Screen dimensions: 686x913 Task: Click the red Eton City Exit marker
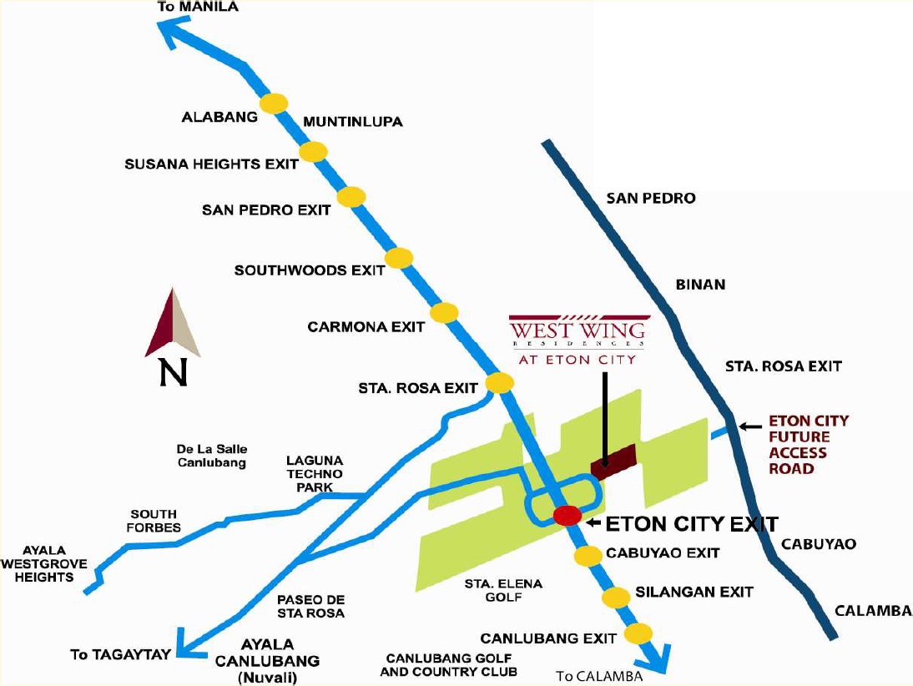click(x=567, y=516)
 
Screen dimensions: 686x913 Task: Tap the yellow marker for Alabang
click(x=274, y=103)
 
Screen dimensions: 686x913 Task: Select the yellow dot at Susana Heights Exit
click(x=313, y=151)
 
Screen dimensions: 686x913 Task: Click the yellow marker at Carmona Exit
click(x=444, y=313)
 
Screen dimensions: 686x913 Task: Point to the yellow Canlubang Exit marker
click(x=638, y=633)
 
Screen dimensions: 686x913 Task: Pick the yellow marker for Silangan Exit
click(x=617, y=598)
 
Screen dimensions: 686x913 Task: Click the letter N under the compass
click(x=174, y=373)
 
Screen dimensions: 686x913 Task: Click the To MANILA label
click(x=198, y=8)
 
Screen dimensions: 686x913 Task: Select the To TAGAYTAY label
click(x=119, y=654)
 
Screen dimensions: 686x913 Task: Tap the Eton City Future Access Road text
click(x=797, y=445)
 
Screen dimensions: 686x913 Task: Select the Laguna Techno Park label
click(x=314, y=473)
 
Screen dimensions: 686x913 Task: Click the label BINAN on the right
click(x=700, y=285)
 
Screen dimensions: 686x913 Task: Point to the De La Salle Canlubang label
click(x=212, y=456)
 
